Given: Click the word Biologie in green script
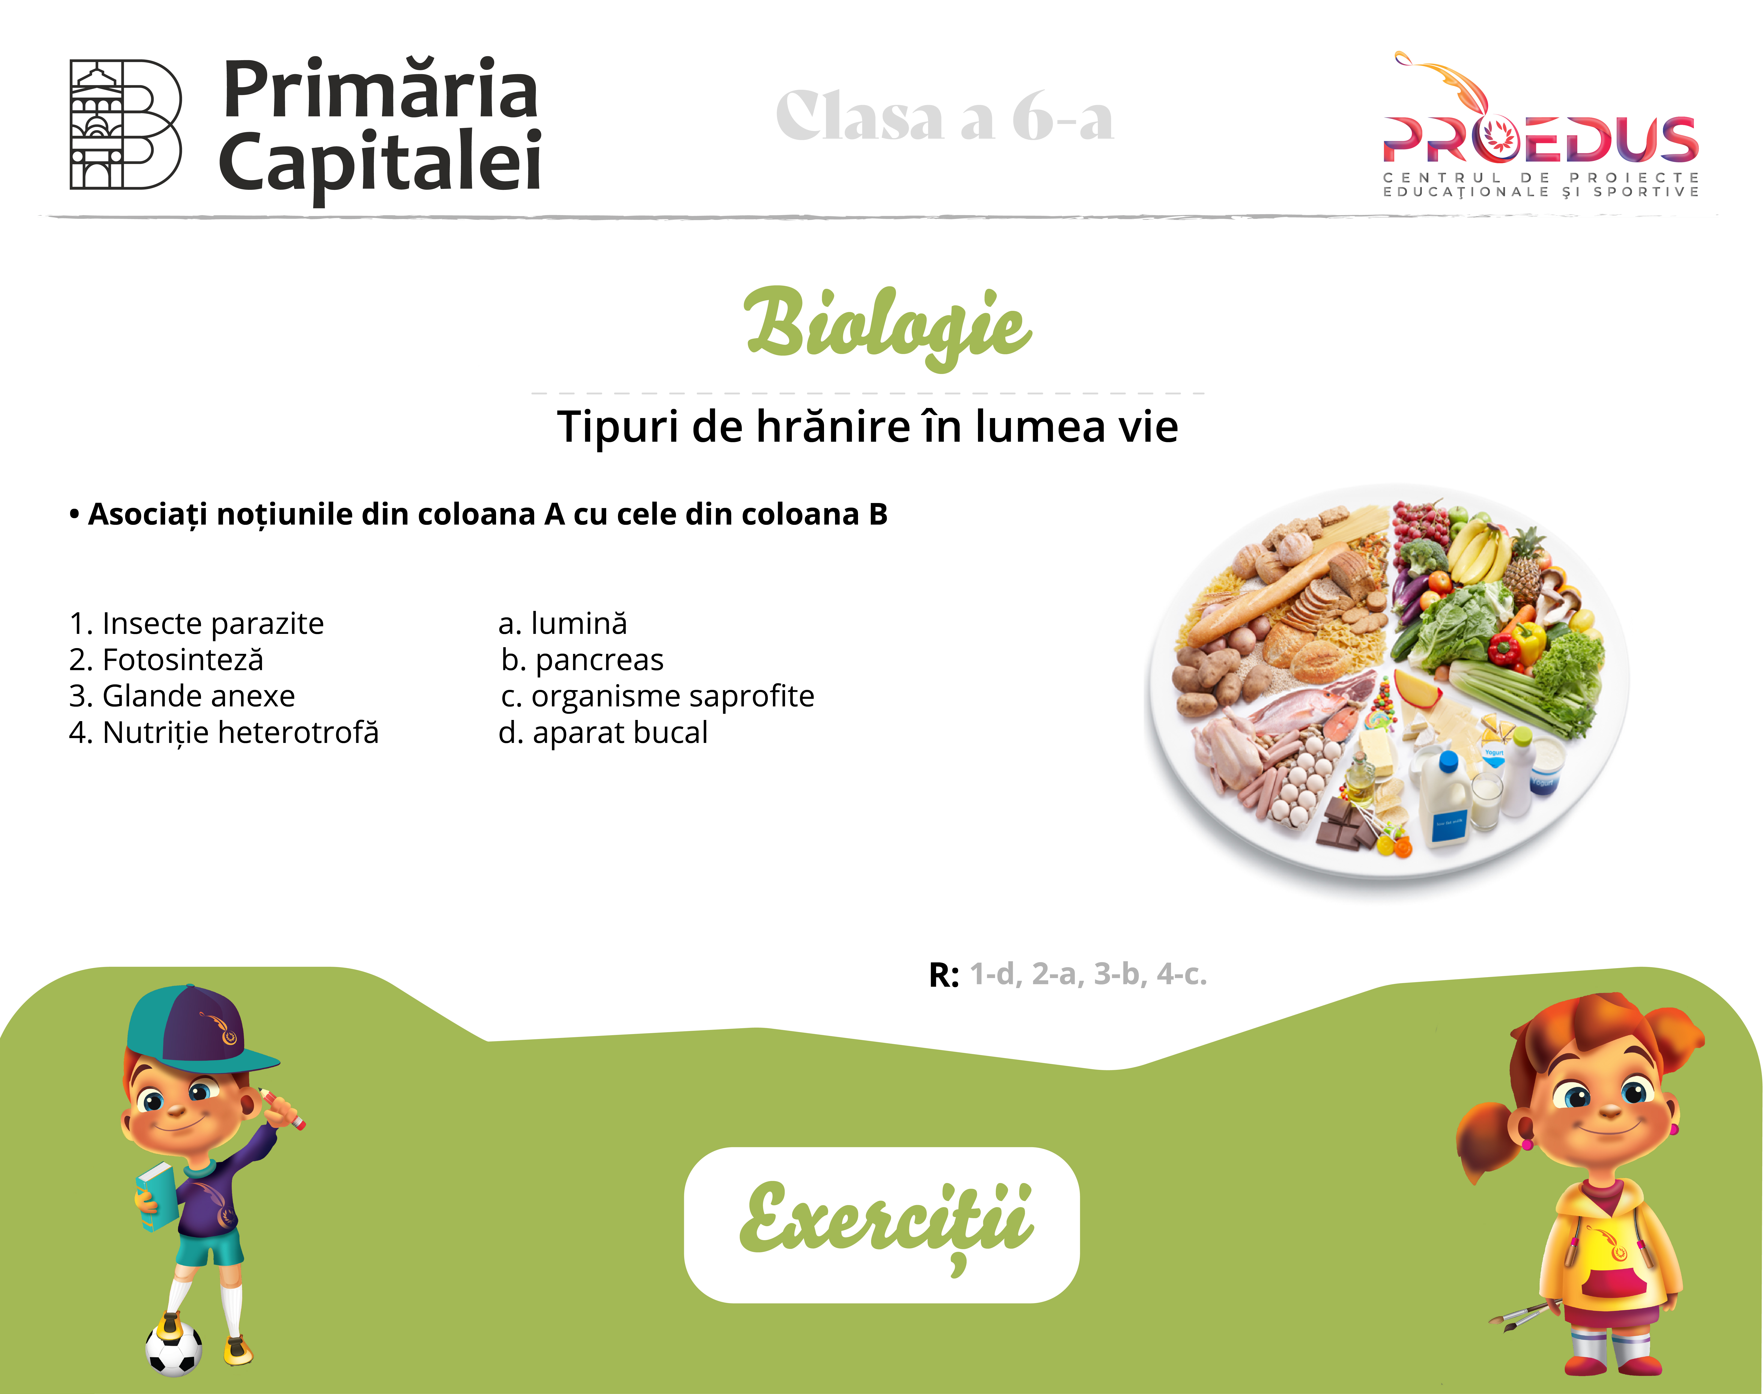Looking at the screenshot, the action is [x=888, y=326].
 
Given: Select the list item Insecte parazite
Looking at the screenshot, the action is [x=197, y=624].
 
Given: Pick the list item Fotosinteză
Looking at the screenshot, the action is [x=167, y=659].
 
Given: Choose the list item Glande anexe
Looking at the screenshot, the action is [x=182, y=696].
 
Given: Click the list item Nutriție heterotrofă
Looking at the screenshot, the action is [x=224, y=733].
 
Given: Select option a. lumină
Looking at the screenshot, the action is [x=562, y=624].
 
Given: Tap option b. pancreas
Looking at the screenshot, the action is [x=582, y=659].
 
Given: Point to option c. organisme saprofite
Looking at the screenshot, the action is [x=657, y=696].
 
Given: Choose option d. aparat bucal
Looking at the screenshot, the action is [x=602, y=733].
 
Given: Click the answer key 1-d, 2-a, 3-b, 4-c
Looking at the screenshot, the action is [x=1088, y=974].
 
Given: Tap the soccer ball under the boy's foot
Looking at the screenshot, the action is [x=174, y=1348].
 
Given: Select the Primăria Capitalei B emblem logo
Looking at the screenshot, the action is [x=125, y=124].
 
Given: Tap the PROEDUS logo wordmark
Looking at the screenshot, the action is [x=1540, y=139].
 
